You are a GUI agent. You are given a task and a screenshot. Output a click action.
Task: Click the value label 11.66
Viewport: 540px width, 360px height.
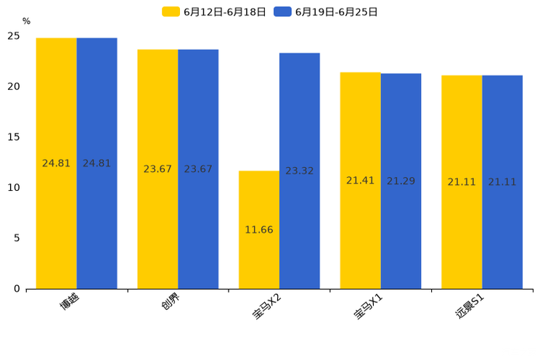tap(259, 230)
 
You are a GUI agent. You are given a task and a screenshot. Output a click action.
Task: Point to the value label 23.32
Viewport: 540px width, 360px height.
tap(299, 171)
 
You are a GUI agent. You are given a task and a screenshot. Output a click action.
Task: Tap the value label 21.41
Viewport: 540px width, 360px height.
tap(360, 181)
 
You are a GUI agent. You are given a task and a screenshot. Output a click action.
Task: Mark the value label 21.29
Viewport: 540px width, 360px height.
tap(401, 181)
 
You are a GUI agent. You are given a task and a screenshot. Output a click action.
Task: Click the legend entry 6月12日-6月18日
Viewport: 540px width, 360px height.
tap(215, 12)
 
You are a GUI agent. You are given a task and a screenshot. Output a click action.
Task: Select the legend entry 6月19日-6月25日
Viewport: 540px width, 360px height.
tap(327, 12)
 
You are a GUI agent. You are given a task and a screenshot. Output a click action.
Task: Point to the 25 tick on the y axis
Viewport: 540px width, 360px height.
tap(14, 36)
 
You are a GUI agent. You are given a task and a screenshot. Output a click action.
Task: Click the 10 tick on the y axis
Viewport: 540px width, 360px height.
tap(14, 188)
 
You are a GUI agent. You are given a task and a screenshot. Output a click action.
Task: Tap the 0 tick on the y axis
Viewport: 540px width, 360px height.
tap(17, 289)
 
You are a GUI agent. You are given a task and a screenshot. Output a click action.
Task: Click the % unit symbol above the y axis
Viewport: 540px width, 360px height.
tap(26, 22)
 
